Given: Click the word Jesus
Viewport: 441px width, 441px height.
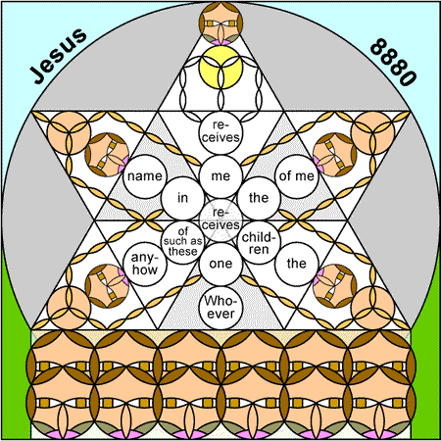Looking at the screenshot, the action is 59,56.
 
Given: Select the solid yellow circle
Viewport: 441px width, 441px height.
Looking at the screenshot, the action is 220,68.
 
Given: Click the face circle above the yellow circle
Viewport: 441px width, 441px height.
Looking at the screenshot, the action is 220,24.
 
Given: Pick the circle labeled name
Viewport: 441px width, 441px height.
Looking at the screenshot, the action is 145,176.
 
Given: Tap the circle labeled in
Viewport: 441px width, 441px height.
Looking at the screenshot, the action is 183,198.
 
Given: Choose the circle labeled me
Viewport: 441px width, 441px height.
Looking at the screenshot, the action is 220,176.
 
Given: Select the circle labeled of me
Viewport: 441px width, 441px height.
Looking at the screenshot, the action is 297,176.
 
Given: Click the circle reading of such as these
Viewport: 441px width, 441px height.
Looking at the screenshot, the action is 183,242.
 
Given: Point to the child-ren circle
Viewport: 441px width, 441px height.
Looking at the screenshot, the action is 259,242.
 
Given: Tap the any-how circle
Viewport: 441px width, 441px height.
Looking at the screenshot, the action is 145,264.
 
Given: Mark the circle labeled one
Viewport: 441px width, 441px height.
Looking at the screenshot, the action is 220,264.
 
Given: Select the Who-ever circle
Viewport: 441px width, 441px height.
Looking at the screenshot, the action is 220,308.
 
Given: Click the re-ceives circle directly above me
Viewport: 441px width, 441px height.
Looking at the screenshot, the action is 220,132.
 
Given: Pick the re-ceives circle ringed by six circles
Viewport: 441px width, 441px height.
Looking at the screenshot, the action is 220,220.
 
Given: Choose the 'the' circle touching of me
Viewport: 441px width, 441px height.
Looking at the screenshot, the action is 259,198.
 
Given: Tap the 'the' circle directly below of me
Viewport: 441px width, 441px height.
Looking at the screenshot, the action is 297,264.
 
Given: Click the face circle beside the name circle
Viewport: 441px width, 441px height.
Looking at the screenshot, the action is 107,155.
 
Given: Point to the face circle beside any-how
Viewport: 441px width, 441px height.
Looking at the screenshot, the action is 107,286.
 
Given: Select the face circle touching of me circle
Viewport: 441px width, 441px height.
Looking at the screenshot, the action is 334,155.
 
